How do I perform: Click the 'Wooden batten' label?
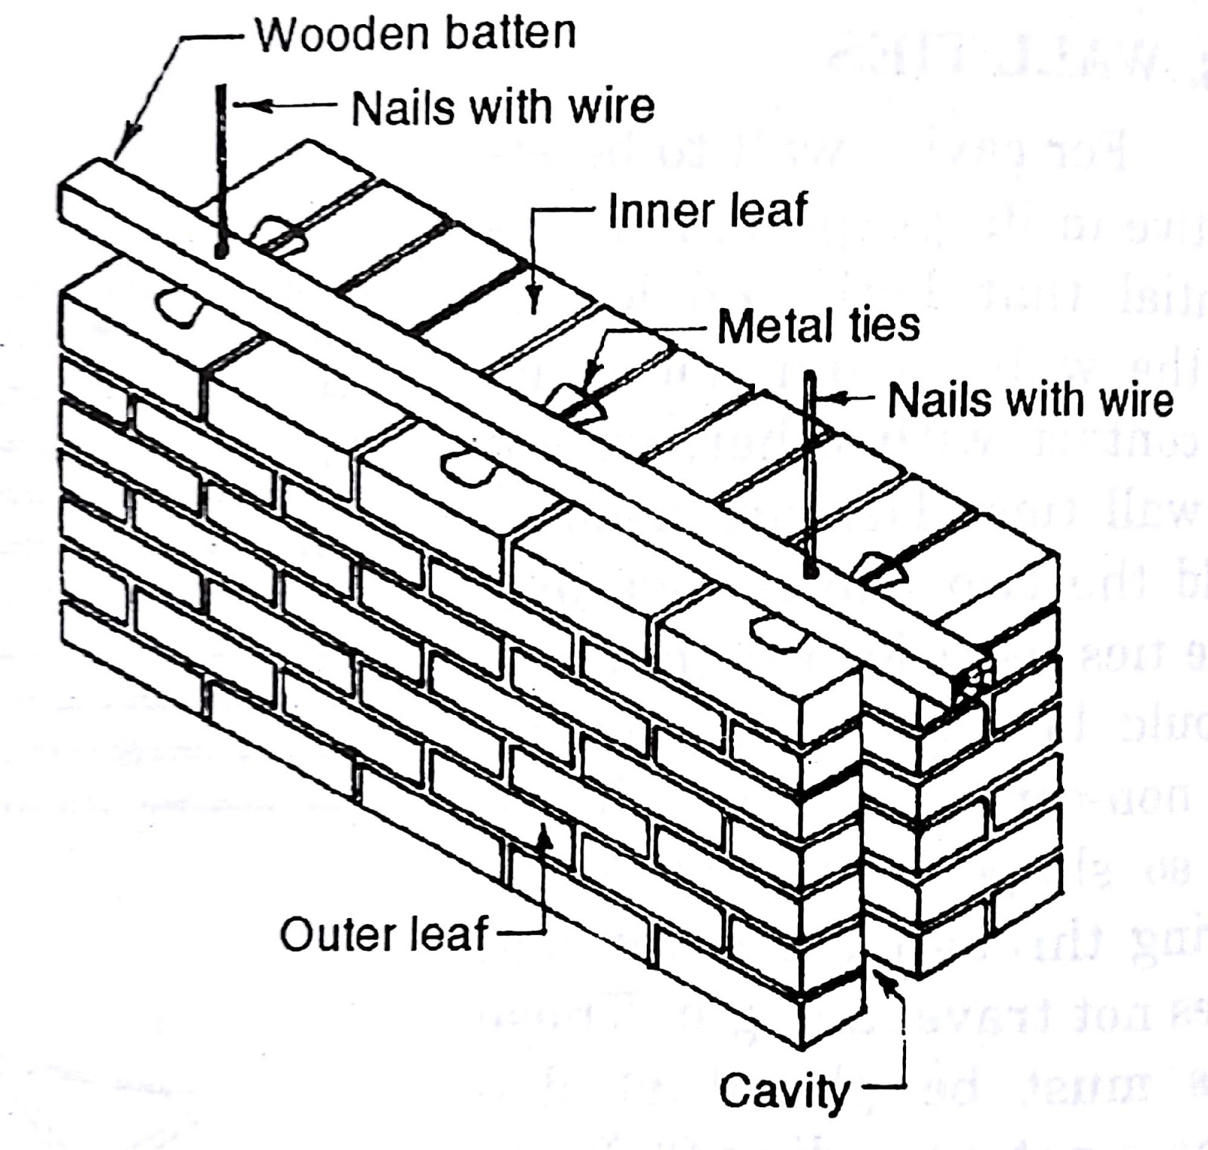[415, 34]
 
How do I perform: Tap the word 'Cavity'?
[784, 1091]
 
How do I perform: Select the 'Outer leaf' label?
[385, 934]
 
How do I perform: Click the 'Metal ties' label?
[818, 326]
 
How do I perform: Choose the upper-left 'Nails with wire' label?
[503, 107]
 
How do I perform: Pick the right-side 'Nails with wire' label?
[1030, 399]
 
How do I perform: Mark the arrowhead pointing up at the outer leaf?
[543, 834]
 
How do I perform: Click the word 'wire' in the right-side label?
[1132, 399]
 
